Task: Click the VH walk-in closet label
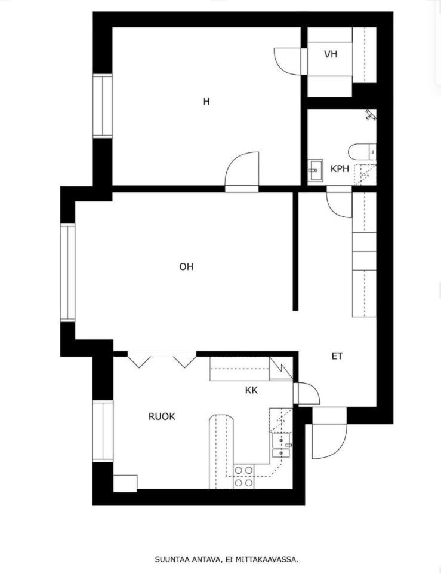pyautogui.click(x=331, y=54)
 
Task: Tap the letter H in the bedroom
pyautogui.click(x=206, y=102)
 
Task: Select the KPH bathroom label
pyautogui.click(x=340, y=169)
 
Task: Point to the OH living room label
pyautogui.click(x=186, y=267)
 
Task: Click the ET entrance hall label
pyautogui.click(x=337, y=356)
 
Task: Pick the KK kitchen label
pyautogui.click(x=251, y=390)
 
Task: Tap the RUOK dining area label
pyautogui.click(x=162, y=416)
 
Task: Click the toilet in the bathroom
pyautogui.click(x=362, y=152)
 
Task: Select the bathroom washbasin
pyautogui.click(x=315, y=170)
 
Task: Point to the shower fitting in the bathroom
pyautogui.click(x=371, y=115)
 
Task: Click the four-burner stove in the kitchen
pyautogui.click(x=244, y=476)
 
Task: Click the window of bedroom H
pyautogui.click(x=103, y=106)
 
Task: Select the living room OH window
pyautogui.click(x=67, y=272)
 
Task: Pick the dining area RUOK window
pyautogui.click(x=103, y=431)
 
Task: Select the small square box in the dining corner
pyautogui.click(x=125, y=483)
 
